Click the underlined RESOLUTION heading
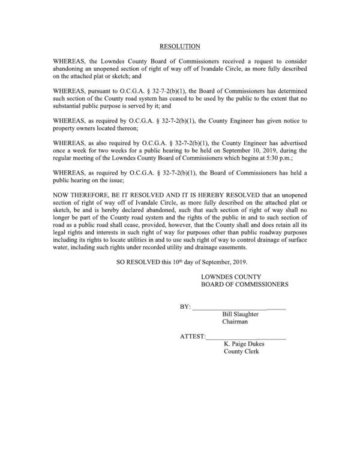[179, 46]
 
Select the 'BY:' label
[185, 307]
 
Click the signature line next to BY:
[239, 308]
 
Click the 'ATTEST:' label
[193, 338]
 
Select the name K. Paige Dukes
[244, 345]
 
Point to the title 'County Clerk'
[241, 353]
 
